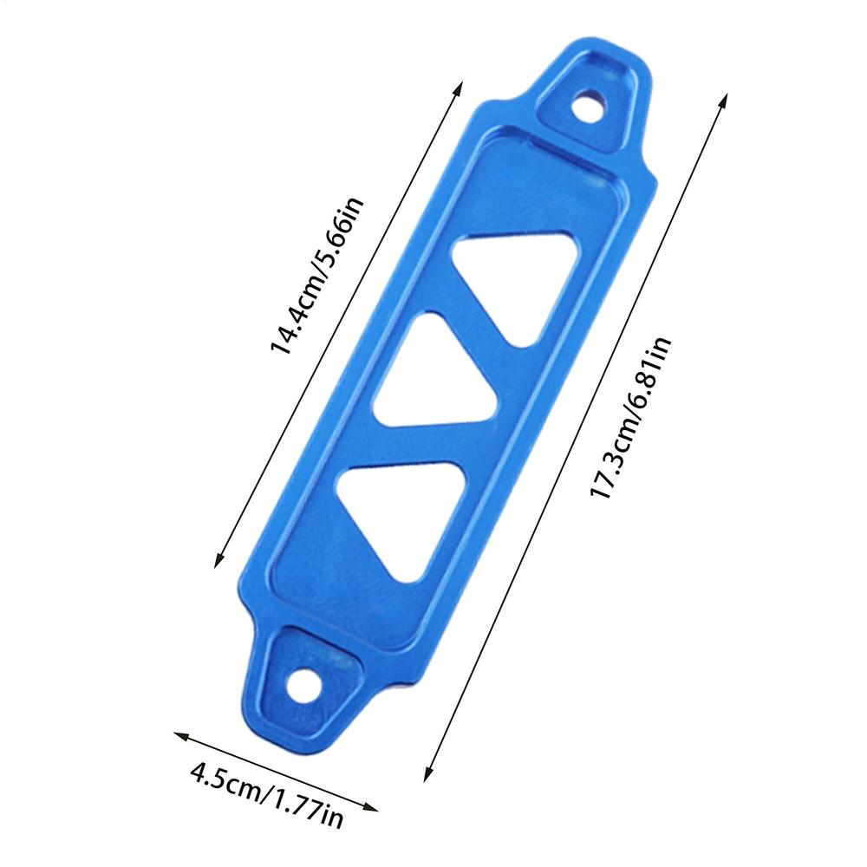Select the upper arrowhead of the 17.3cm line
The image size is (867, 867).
coord(723,98)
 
